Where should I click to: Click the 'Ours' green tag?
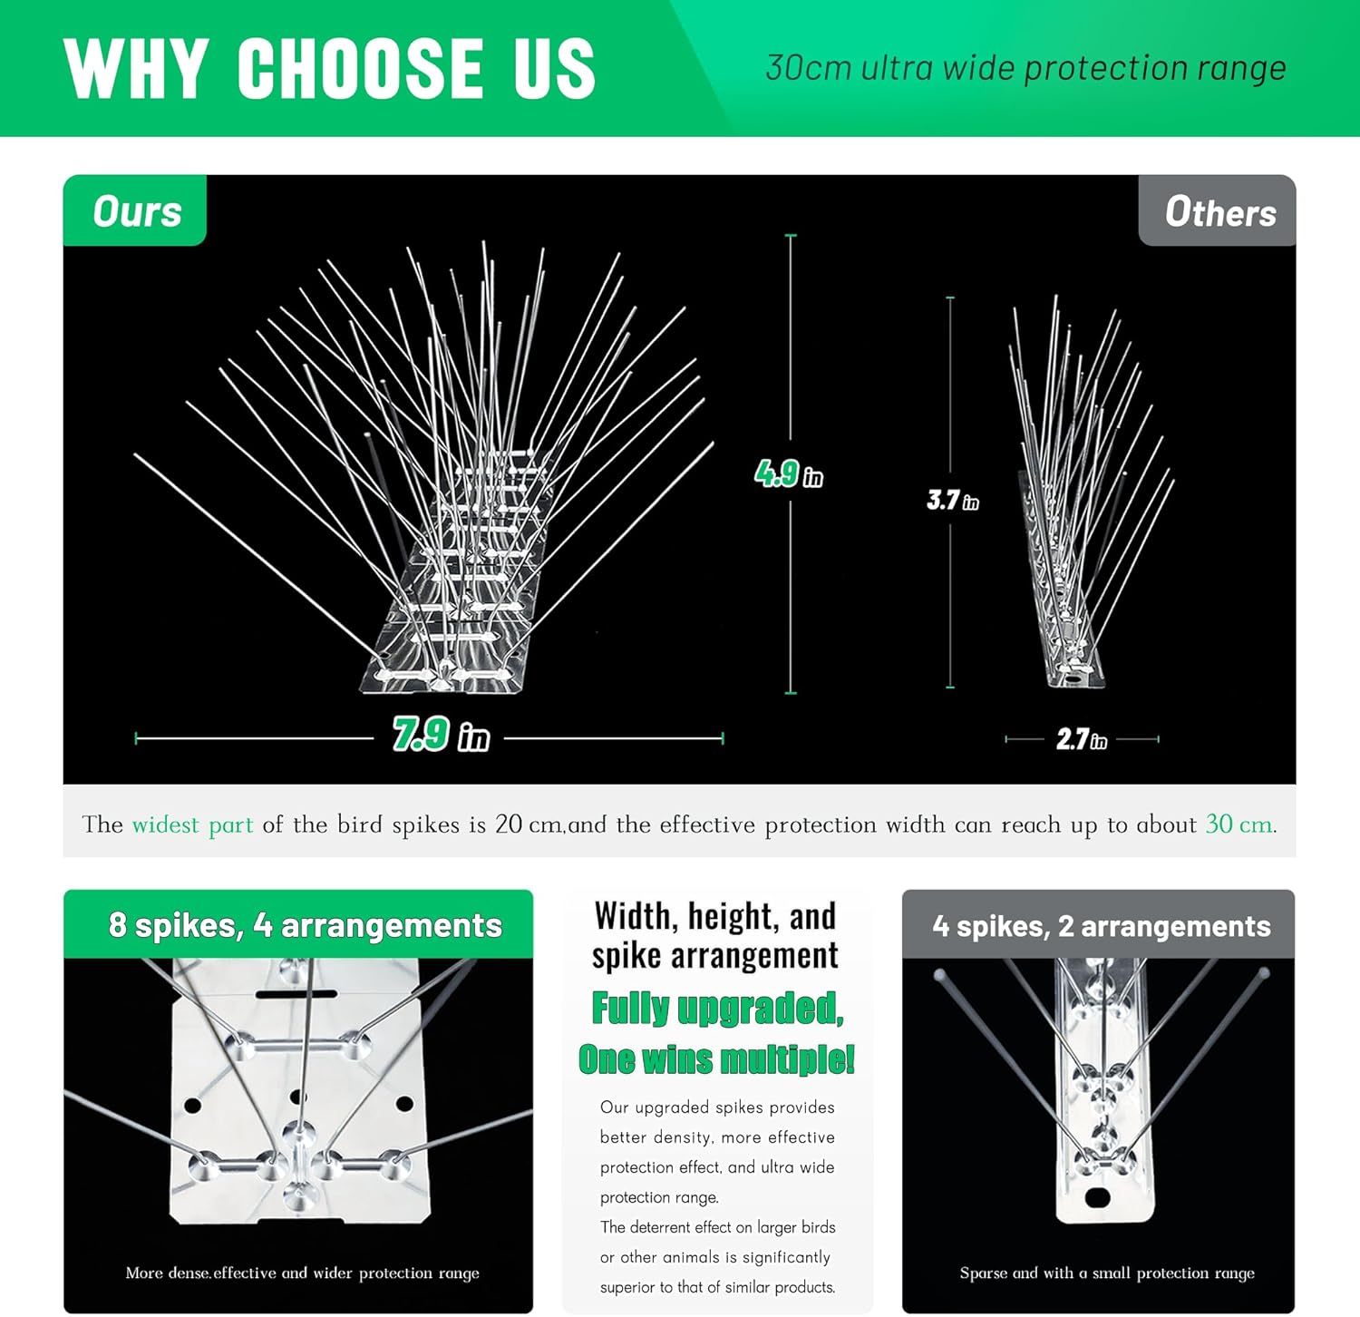point(136,211)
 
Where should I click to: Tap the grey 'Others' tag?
point(1219,212)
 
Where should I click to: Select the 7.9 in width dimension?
point(441,735)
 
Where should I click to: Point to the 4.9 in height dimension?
point(789,473)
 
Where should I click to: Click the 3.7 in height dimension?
point(952,500)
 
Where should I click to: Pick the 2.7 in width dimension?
point(1081,739)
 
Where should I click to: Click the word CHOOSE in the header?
point(361,69)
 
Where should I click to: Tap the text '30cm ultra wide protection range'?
point(1025,68)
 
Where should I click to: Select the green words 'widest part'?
point(192,824)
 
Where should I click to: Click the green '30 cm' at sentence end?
point(1239,824)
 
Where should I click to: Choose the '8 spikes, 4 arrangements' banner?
point(305,925)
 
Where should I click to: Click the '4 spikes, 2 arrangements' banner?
point(1101,926)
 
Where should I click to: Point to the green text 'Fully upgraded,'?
point(717,1008)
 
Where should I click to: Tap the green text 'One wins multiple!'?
point(716,1058)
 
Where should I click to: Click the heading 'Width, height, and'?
point(715,916)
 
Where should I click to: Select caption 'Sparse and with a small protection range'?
point(1107,1273)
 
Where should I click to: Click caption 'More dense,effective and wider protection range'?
point(302,1273)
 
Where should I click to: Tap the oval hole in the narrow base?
point(1097,1197)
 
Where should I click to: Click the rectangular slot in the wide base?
point(284,995)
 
